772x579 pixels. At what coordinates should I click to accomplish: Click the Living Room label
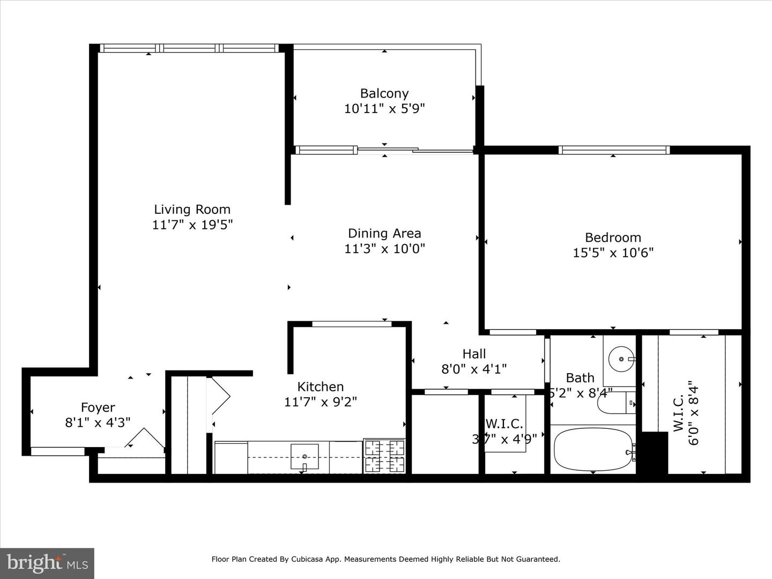(x=192, y=210)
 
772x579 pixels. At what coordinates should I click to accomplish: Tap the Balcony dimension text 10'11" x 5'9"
(x=384, y=109)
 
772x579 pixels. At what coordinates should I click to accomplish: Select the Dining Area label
(x=384, y=233)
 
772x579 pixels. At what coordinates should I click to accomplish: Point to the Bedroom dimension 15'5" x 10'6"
(x=613, y=253)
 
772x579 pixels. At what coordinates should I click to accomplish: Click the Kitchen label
(x=320, y=387)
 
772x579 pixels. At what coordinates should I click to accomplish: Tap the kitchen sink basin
(x=305, y=456)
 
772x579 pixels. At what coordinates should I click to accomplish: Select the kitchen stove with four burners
(x=384, y=456)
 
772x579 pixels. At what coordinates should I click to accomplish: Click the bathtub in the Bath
(x=592, y=449)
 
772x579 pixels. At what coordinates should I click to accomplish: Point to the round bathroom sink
(x=622, y=359)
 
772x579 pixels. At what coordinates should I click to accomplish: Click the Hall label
(x=474, y=354)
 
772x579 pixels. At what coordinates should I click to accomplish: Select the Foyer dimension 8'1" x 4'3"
(x=98, y=422)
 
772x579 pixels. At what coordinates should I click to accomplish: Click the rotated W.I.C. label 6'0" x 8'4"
(x=686, y=413)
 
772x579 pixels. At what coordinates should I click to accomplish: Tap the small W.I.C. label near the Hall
(x=504, y=424)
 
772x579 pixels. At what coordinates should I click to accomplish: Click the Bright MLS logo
(x=47, y=562)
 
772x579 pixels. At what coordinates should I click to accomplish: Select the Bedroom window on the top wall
(x=613, y=150)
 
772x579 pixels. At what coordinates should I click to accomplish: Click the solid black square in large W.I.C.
(x=655, y=452)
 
